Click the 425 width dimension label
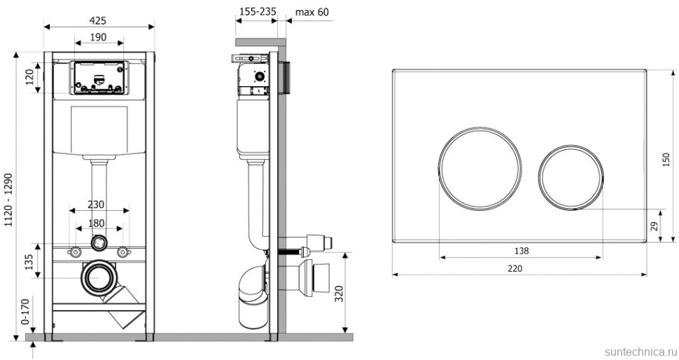[98, 20]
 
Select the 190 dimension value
[98, 37]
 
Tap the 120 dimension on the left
[30, 77]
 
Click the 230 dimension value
[96, 204]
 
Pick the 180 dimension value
[96, 223]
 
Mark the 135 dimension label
[29, 262]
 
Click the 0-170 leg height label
[25, 312]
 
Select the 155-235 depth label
[258, 12]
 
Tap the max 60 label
[311, 12]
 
